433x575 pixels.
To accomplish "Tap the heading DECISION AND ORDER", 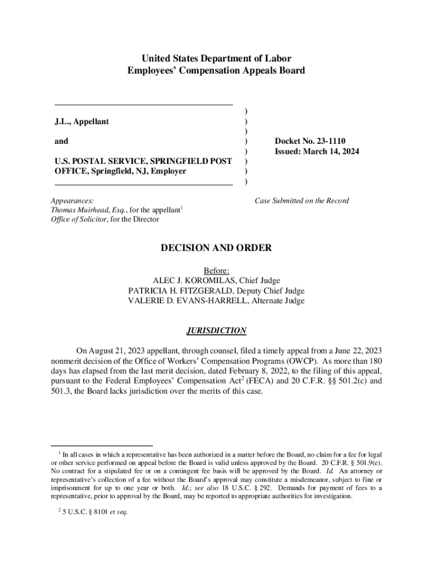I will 216,248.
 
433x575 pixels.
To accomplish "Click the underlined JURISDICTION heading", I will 216,330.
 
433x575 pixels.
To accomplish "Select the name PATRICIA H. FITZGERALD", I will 177,291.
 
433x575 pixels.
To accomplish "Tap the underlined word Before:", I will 216,271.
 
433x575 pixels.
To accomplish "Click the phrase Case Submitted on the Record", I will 301,200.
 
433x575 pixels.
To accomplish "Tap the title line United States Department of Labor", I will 216,58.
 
